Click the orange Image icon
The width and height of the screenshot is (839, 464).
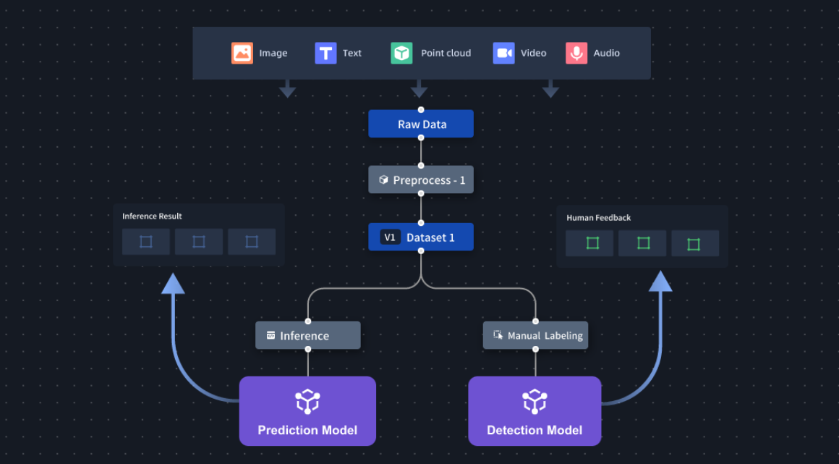(x=242, y=53)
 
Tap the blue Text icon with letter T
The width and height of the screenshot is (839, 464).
(x=325, y=53)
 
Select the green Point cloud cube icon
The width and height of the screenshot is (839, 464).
(x=401, y=53)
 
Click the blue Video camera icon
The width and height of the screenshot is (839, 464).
(x=503, y=53)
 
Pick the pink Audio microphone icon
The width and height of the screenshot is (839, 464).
(x=576, y=53)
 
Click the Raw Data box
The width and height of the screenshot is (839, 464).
(x=421, y=124)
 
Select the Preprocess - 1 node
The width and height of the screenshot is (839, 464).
(x=421, y=180)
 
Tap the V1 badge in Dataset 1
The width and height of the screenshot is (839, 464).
(x=390, y=237)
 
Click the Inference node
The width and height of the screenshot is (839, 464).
(x=307, y=336)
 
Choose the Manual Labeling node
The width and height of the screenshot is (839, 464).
(x=535, y=336)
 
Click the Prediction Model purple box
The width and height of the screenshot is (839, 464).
(x=307, y=410)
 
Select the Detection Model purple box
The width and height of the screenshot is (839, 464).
(x=535, y=410)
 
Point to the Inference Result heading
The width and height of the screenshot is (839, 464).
(x=152, y=216)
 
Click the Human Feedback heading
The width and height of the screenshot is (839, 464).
(x=598, y=218)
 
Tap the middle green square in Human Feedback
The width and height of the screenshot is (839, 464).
(x=642, y=243)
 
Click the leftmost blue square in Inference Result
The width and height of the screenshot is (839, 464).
(x=146, y=242)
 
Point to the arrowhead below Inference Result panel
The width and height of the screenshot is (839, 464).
(x=173, y=283)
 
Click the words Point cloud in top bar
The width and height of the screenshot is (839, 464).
(x=446, y=53)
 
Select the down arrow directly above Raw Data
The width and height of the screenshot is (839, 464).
(x=419, y=89)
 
